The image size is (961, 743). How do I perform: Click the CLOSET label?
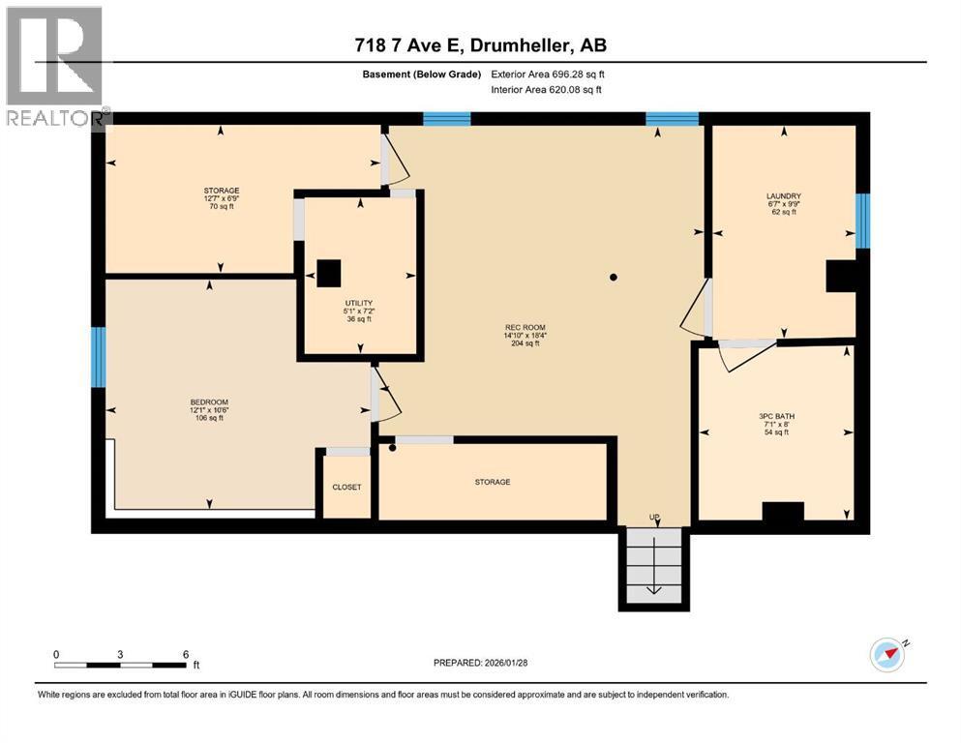pos(346,487)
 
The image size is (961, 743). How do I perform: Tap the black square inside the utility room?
pos(330,274)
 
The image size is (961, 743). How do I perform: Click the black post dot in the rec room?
pos(613,279)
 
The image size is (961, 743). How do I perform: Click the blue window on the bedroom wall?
pos(98,358)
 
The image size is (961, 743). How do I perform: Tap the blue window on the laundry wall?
pos(861,221)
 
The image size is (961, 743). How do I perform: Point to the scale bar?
pos(120,665)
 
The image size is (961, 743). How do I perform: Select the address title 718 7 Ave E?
pos(480,45)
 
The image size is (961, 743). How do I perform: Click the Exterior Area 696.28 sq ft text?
pos(548,74)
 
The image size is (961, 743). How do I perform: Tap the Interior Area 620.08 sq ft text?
pos(546,90)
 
